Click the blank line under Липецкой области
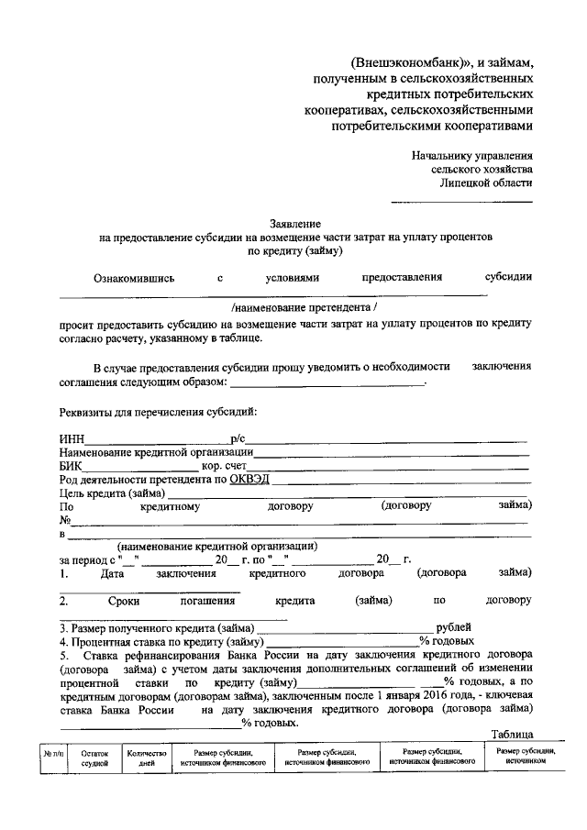click(x=461, y=201)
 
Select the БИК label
click(x=72, y=465)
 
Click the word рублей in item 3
click(x=454, y=627)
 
